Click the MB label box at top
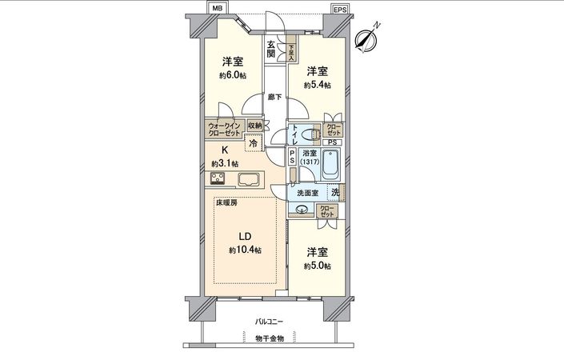pyautogui.click(x=216, y=9)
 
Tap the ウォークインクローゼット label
pyautogui.click(x=225, y=130)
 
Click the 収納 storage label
pyautogui.click(x=254, y=126)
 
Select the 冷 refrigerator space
pyautogui.click(x=254, y=144)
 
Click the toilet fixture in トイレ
pyautogui.click(x=313, y=134)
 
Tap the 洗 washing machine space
pyautogui.click(x=335, y=191)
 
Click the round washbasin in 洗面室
pyautogui.click(x=302, y=210)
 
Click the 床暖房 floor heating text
pyautogui.click(x=226, y=203)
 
